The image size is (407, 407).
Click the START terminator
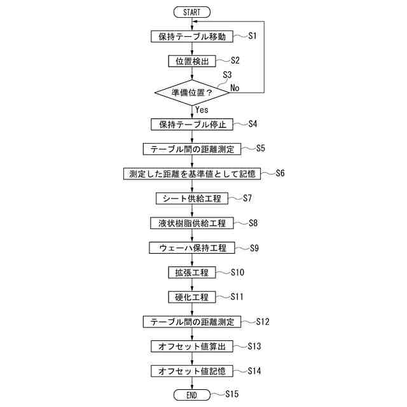point(191,12)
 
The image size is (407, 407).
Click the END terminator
point(191,395)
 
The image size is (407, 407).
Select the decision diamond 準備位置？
point(191,93)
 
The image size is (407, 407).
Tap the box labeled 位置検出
point(191,61)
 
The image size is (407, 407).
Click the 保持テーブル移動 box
point(191,36)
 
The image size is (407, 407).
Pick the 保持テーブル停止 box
point(191,124)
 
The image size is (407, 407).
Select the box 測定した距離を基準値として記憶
point(191,174)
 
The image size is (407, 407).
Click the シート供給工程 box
point(191,198)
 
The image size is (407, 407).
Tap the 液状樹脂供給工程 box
point(191,223)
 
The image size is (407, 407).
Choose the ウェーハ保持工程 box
point(191,247)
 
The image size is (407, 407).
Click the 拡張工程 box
point(191,272)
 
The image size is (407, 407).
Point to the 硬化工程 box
point(191,297)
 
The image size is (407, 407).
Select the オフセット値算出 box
point(191,347)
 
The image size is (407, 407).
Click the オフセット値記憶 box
point(191,371)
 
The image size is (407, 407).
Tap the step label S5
point(260,149)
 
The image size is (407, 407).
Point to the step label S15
point(231,394)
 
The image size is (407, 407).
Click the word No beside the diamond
point(235,88)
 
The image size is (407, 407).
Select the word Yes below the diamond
point(202,109)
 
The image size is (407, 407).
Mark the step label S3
point(227,75)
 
